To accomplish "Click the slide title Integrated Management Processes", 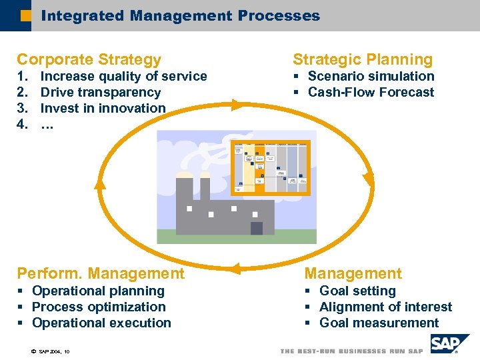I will (180, 15).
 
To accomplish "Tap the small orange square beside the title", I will (25, 15).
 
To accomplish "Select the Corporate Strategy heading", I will (89, 59).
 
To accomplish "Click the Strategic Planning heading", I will (363, 59).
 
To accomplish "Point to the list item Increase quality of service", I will (123, 77).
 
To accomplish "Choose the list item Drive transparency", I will (101, 93).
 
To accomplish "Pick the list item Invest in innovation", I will (103, 108).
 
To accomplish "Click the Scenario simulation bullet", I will (371, 77).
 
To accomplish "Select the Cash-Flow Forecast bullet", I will (371, 93).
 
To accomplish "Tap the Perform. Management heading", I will (101, 273).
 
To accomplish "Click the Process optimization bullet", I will (99, 307).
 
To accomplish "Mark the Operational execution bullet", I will (101, 323).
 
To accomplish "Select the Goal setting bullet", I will (357, 291).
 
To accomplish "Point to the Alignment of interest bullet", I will (385, 307).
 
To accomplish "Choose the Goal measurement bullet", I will (379, 323).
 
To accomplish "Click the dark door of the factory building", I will (256, 228).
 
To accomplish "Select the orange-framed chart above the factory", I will (269, 166).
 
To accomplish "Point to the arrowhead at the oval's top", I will (237, 104).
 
